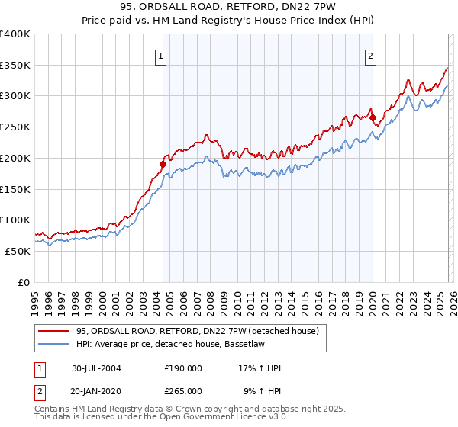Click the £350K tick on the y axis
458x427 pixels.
[15, 66]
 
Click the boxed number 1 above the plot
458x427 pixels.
[162, 55]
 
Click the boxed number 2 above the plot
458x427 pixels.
[370, 55]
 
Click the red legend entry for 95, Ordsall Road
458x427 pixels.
[202, 331]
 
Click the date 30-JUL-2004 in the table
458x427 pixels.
[96, 368]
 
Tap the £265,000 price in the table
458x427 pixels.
[183, 390]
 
